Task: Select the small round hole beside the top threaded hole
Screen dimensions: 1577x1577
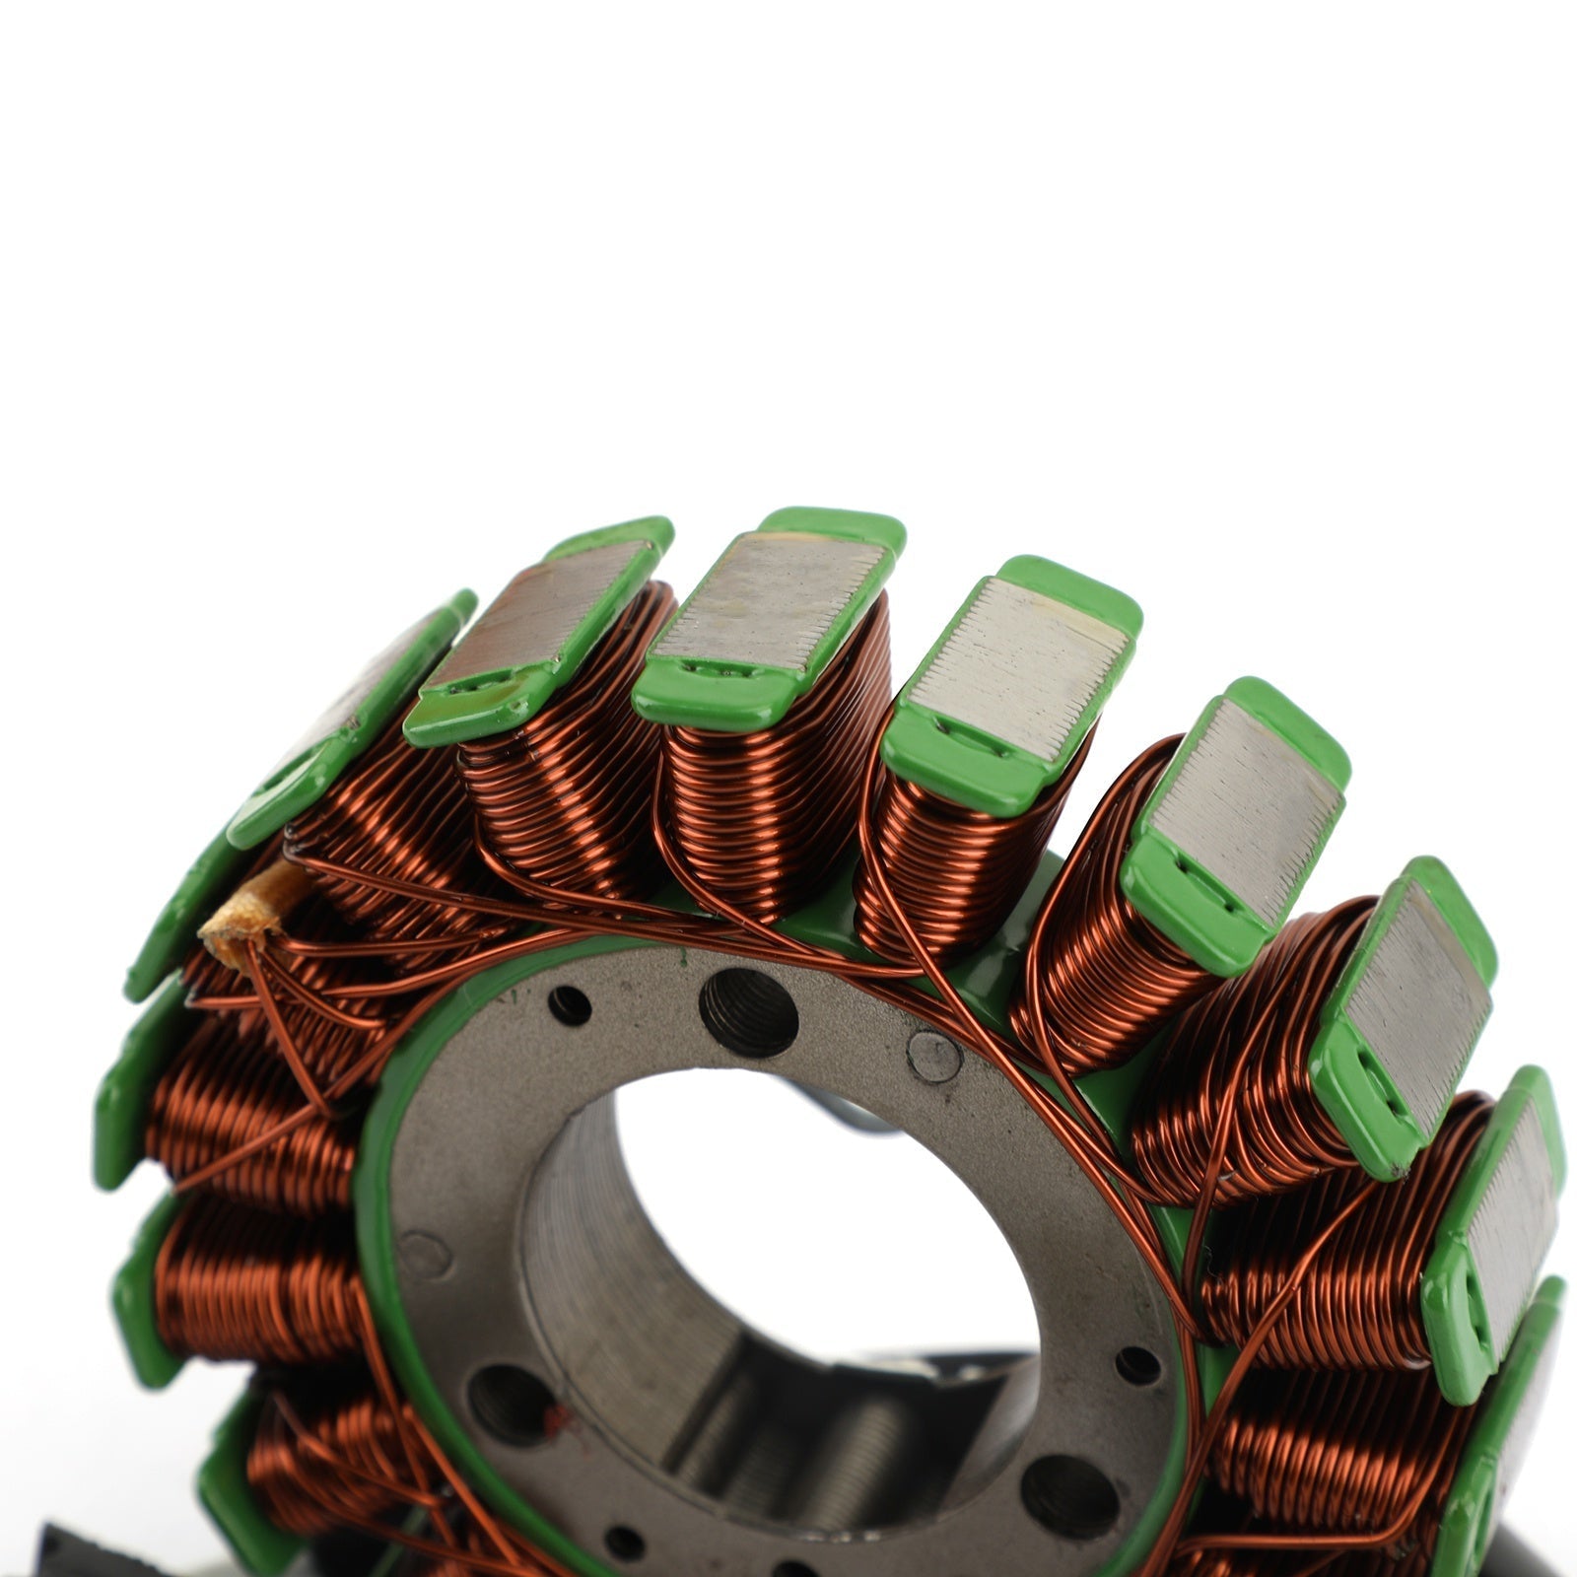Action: coord(570,1005)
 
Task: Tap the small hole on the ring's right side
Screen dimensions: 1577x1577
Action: coord(1136,1365)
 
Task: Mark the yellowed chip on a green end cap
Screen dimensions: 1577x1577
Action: coord(517,702)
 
